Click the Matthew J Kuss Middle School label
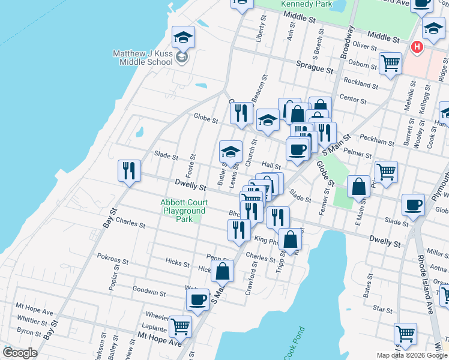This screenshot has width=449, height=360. pos(143,58)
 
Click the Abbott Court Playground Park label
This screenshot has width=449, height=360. pos(184,211)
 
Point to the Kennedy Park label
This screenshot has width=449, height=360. pos(307,4)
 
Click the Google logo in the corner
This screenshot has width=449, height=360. pos(20,353)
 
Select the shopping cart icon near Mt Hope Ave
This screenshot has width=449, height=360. pos(180,327)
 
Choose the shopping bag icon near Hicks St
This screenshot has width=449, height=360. pos(222,271)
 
